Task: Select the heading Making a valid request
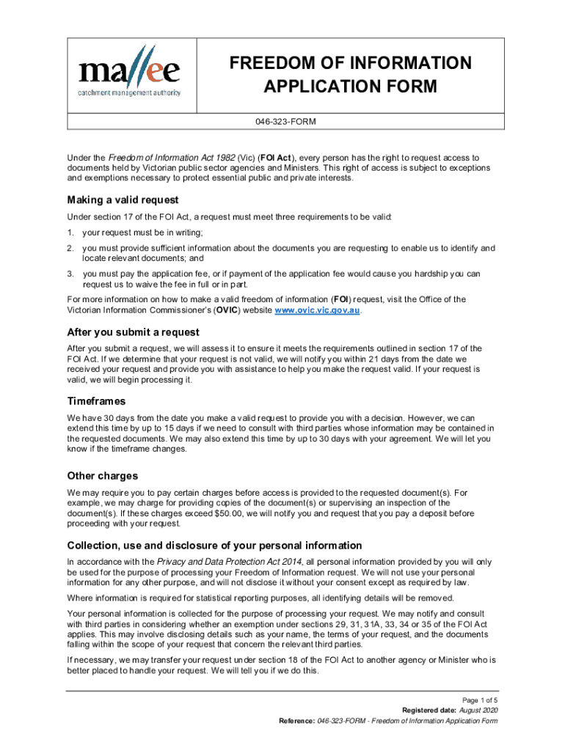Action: (x=123, y=199)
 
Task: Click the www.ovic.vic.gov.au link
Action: (x=318, y=310)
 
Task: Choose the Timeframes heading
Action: (x=96, y=401)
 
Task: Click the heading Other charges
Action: (x=102, y=475)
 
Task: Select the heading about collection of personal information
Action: (x=214, y=545)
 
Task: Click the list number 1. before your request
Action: (x=70, y=232)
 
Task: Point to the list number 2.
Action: (x=70, y=248)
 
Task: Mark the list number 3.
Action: (x=70, y=274)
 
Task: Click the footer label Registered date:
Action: (x=429, y=711)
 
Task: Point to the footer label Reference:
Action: (x=296, y=721)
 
